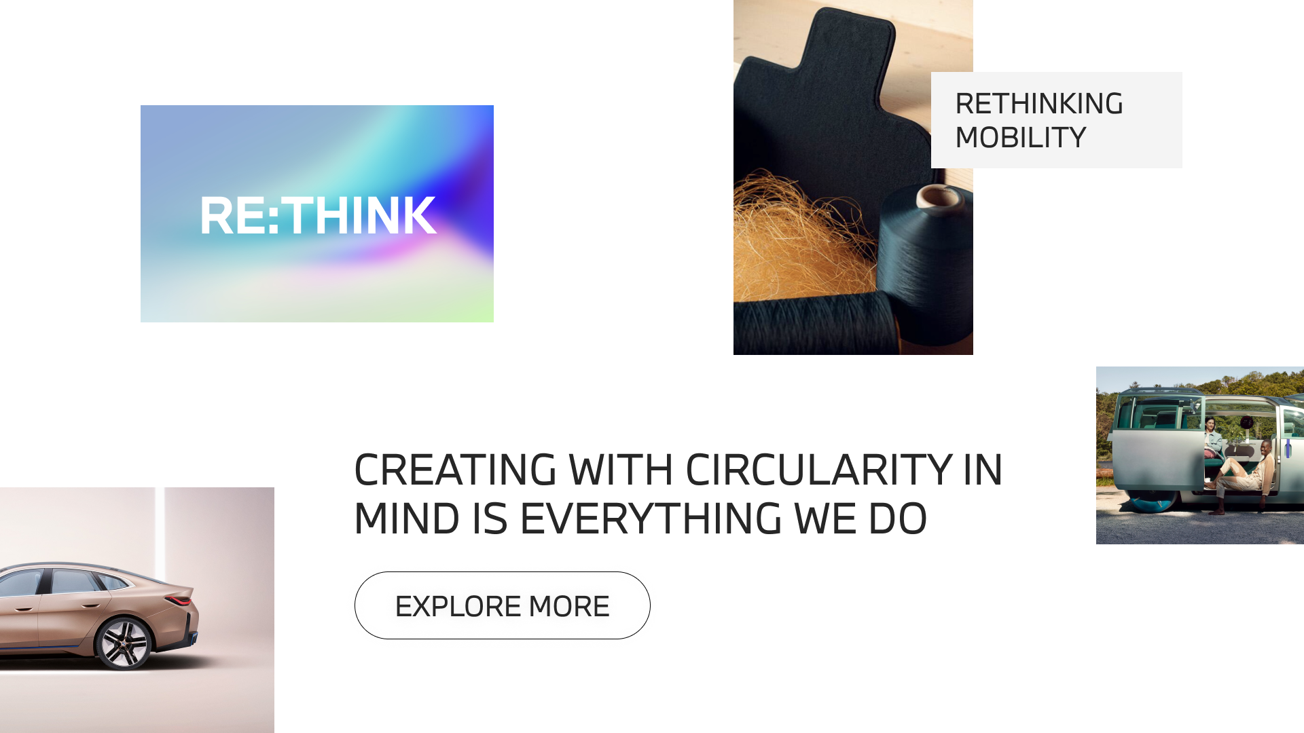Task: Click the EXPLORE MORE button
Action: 502,605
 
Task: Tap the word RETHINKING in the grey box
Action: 1038,104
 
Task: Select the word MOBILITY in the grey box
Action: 1020,138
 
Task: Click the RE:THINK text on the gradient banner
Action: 318,216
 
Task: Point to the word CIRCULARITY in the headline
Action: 818,470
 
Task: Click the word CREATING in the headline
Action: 455,470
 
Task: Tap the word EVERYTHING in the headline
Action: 651,519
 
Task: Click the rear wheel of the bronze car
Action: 123,643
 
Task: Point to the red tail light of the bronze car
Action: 179,601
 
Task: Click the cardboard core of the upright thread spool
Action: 938,197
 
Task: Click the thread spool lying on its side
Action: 815,322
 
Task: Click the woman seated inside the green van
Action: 1212,438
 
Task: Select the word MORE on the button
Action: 569,606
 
